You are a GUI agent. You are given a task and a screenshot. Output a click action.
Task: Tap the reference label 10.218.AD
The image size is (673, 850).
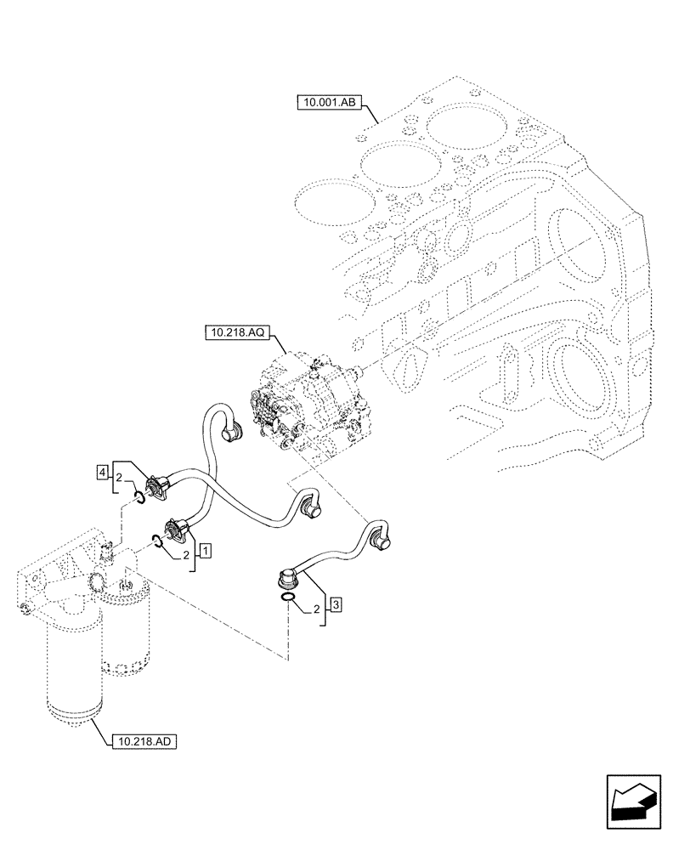pos(143,741)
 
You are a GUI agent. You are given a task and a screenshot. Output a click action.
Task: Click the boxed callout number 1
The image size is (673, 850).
pos(205,551)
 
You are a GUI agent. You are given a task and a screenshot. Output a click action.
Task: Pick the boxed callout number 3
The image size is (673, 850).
pos(336,605)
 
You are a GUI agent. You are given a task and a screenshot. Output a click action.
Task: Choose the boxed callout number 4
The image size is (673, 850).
pos(102,470)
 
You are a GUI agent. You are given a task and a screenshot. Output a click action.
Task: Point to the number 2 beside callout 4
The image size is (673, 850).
pos(120,477)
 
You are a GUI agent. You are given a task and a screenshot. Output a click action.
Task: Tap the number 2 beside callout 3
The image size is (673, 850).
pos(317,609)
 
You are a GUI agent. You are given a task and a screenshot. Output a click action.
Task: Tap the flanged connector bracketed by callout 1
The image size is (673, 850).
pos(177,529)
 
